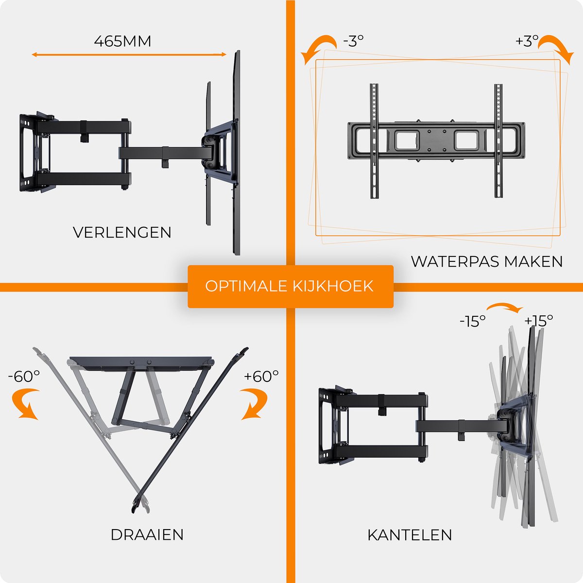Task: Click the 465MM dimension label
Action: [122, 41]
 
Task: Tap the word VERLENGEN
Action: [122, 232]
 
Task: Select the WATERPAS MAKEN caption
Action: [487, 261]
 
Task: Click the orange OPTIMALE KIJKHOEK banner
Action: [291, 286]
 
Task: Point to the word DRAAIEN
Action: [147, 534]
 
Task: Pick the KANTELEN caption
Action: [410, 534]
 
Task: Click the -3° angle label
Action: [353, 41]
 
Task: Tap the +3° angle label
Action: [527, 41]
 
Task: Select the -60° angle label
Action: [24, 377]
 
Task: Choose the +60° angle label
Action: [261, 377]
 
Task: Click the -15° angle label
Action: [473, 321]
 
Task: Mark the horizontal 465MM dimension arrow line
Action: [129, 55]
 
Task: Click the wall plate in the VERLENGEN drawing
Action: [30, 153]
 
